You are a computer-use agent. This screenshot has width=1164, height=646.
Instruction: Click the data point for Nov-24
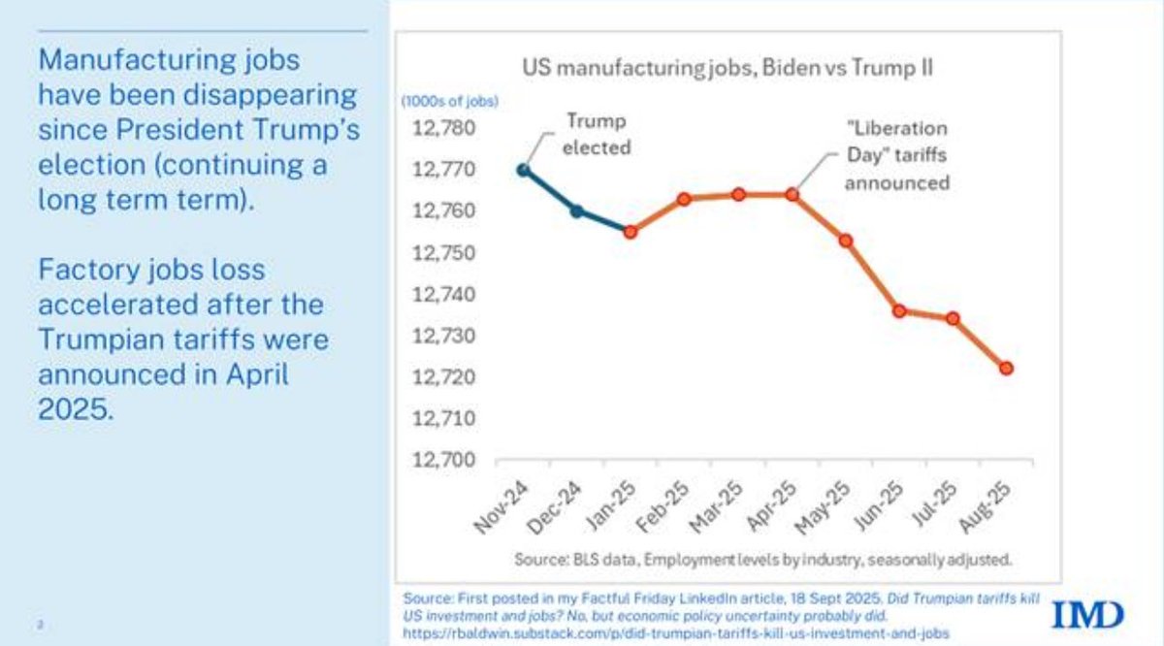524,170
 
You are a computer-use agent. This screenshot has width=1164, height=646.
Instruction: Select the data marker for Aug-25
1006,368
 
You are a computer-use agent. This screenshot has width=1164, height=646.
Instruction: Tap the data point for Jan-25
630,232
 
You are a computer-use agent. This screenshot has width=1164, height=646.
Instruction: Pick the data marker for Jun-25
899,310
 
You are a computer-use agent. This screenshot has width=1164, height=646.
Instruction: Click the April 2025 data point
792,194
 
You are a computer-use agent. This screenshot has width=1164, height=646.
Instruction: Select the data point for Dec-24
576,210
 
